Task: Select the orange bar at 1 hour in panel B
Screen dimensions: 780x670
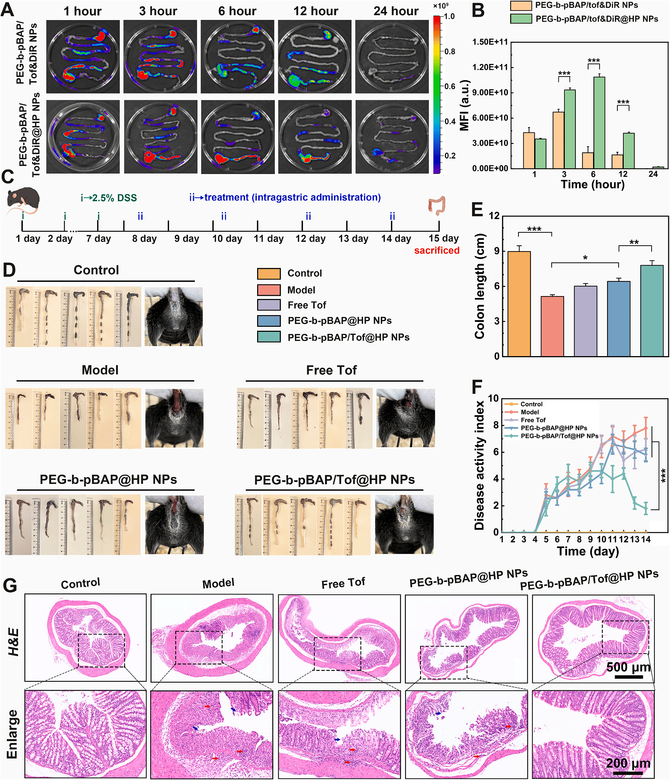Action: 528,150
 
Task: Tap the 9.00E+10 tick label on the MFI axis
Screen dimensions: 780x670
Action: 490,92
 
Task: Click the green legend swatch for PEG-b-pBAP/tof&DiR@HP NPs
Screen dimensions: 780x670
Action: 521,19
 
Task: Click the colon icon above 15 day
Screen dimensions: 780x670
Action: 437,205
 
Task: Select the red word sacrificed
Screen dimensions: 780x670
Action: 437,250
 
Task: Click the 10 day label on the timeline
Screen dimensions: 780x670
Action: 227,239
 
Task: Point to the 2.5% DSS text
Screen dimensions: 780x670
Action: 114,198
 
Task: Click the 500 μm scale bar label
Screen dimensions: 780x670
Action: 628,667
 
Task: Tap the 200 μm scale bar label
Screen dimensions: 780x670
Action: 628,763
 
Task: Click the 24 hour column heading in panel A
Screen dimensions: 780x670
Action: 396,11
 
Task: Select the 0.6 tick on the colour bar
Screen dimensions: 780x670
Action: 450,86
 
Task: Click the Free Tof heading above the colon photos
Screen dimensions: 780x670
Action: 331,370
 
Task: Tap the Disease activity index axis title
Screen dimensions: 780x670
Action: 479,465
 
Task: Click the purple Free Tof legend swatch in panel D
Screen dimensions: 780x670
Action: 268,305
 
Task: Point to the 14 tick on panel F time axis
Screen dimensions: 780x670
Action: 646,539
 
